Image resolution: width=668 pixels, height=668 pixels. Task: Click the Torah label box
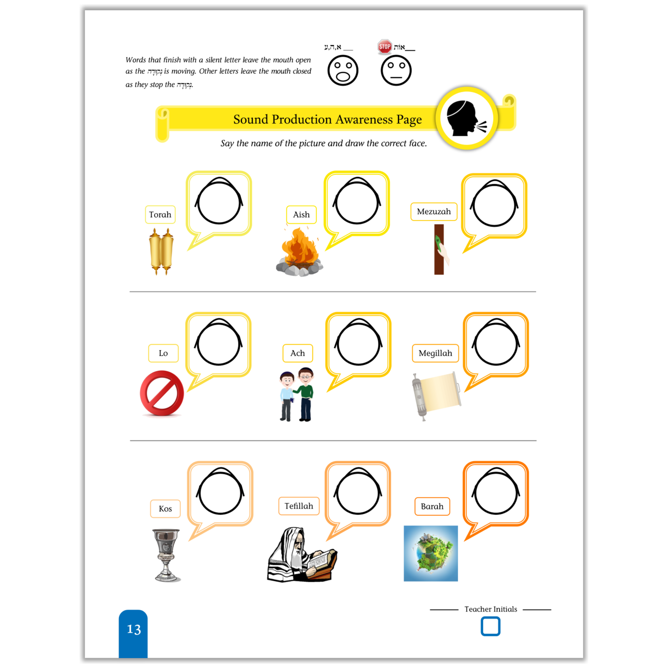[x=160, y=215]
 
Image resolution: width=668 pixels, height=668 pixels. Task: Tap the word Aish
[x=301, y=215]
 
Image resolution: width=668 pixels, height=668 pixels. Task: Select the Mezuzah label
[x=434, y=211]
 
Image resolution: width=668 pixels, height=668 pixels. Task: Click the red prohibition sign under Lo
[x=162, y=393]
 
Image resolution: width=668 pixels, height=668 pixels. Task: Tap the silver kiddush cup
[x=166, y=555]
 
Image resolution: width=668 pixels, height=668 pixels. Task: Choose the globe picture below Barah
[x=430, y=553]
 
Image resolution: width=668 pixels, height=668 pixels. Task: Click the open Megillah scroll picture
[x=436, y=396]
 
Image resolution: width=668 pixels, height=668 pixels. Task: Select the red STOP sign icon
[x=384, y=47]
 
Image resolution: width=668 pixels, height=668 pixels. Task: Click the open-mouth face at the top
[x=343, y=70]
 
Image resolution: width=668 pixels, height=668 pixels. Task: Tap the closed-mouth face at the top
[x=396, y=70]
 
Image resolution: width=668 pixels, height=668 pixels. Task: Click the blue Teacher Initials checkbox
[x=490, y=626]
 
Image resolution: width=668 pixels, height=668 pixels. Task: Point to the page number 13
[x=134, y=629]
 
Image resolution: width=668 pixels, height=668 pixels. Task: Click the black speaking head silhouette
[x=465, y=118]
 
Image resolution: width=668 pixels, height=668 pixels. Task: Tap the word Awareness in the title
[x=364, y=119]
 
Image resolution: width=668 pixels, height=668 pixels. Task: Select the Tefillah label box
[x=299, y=506]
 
